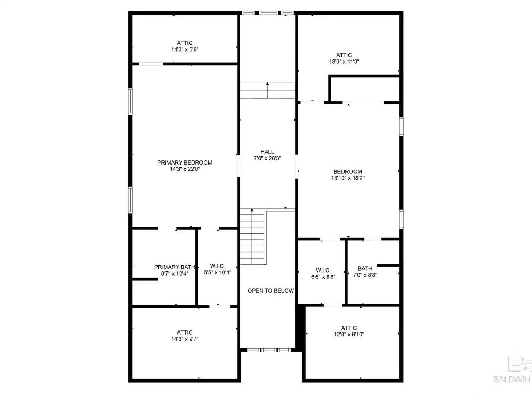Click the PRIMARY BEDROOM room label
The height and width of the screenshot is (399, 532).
click(185, 163)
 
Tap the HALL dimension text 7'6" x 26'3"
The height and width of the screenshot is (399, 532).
click(267, 158)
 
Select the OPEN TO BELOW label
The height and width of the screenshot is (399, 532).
click(271, 291)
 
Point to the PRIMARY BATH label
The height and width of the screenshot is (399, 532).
click(175, 267)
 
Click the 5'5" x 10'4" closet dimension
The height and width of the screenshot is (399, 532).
click(217, 273)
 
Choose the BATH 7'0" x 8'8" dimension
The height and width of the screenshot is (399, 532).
click(365, 275)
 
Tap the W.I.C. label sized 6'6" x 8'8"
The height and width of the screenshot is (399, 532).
click(323, 270)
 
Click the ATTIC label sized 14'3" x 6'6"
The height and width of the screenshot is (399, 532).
click(185, 43)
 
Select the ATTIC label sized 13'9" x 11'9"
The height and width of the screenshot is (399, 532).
click(344, 55)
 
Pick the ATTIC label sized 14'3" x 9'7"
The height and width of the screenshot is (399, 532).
click(185, 332)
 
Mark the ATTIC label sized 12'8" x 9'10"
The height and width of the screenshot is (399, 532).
click(349, 328)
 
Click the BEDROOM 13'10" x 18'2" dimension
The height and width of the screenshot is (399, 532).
click(348, 178)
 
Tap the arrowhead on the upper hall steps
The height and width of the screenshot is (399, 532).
click(268, 84)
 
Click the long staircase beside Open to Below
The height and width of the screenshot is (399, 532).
click(252, 236)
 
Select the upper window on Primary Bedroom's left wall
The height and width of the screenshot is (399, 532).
click(131, 101)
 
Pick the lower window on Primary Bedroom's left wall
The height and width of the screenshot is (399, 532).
click(131, 200)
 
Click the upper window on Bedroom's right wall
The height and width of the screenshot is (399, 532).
click(401, 127)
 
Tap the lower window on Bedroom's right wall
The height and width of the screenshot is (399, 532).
click(401, 219)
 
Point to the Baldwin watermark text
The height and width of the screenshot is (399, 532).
click(512, 379)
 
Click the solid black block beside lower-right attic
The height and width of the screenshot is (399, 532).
click(300, 328)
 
